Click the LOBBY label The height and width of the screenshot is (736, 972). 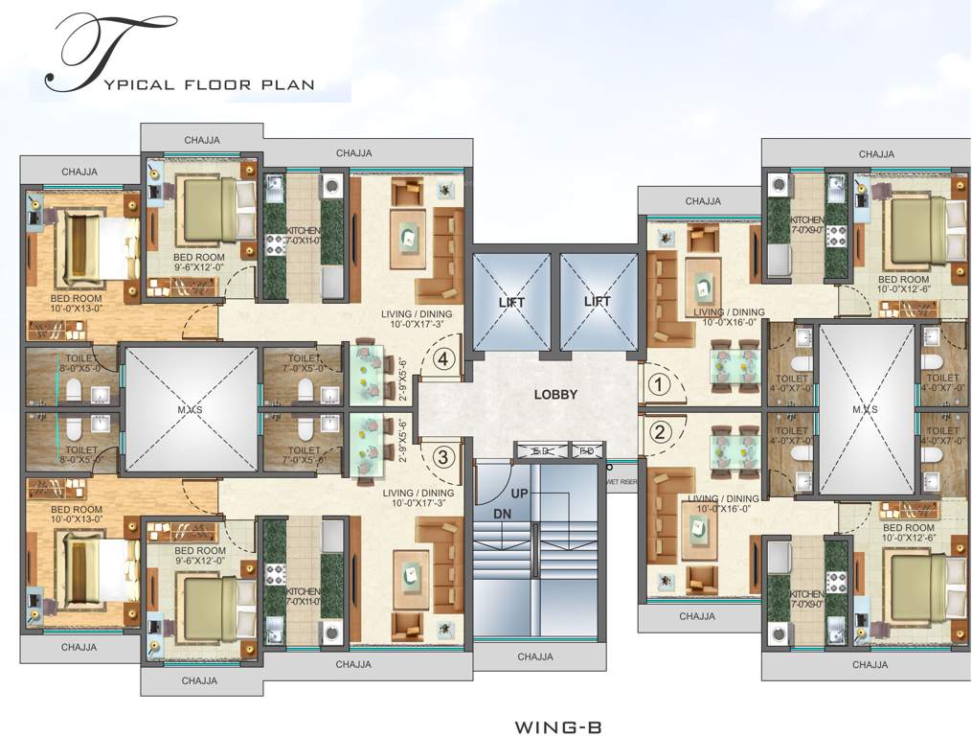pos(555,394)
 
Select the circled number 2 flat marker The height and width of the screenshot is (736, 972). pos(657,431)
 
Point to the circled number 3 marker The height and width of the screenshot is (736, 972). pos(442,457)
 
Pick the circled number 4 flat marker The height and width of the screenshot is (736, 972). pos(442,360)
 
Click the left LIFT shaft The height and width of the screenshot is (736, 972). pos(511,302)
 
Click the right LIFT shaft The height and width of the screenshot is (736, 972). pos(598,302)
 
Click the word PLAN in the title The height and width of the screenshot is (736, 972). pos(287,84)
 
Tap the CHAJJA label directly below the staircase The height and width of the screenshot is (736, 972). pos(535,657)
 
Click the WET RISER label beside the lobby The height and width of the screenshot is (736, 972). pos(623,482)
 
